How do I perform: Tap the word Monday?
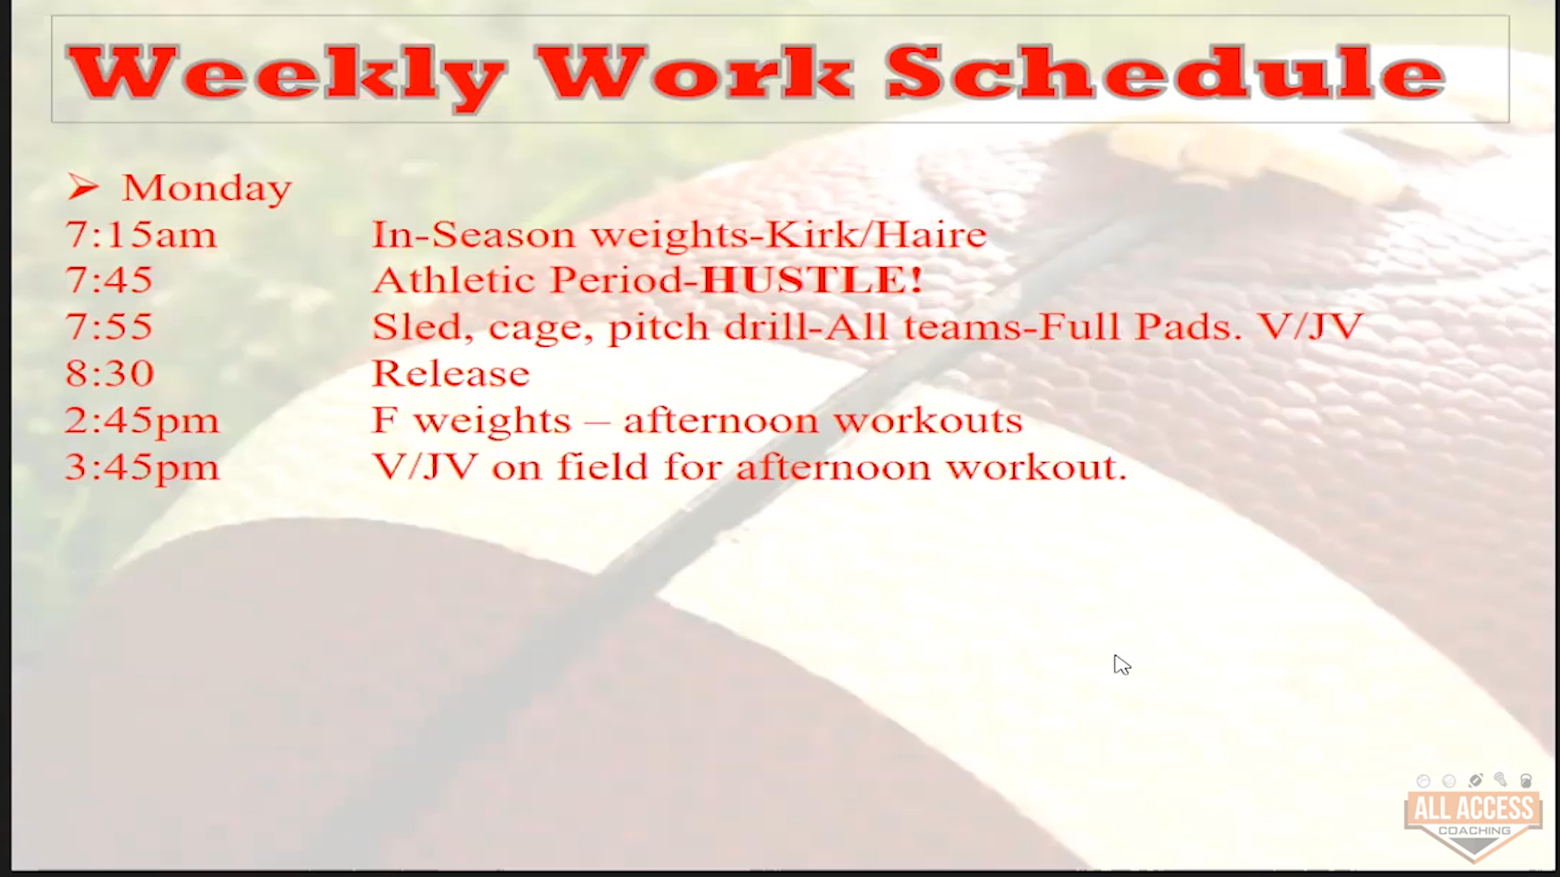click(x=206, y=188)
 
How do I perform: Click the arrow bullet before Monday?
click(x=83, y=188)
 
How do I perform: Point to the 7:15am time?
click(x=141, y=235)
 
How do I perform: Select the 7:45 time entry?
click(x=109, y=280)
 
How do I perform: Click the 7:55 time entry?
click(x=109, y=327)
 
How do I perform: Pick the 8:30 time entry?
click(x=109, y=374)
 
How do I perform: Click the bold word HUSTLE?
click(x=812, y=280)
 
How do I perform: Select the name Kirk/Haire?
click(x=877, y=235)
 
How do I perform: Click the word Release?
click(x=451, y=374)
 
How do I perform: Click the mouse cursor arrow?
click(x=1121, y=665)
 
